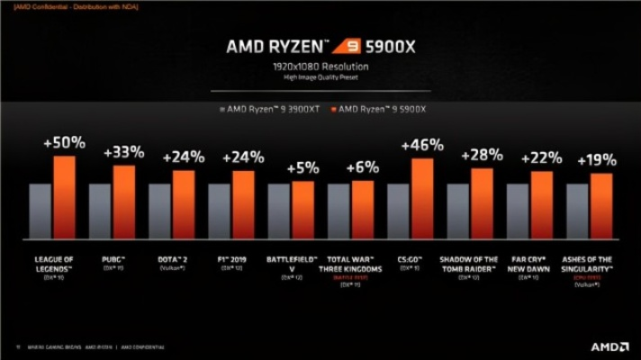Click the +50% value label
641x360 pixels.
64,143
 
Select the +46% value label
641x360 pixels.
422,145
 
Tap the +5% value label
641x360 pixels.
303,168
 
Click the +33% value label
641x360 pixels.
123,152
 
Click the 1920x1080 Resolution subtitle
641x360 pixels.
320,67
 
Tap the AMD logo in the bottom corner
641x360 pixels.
609,346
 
